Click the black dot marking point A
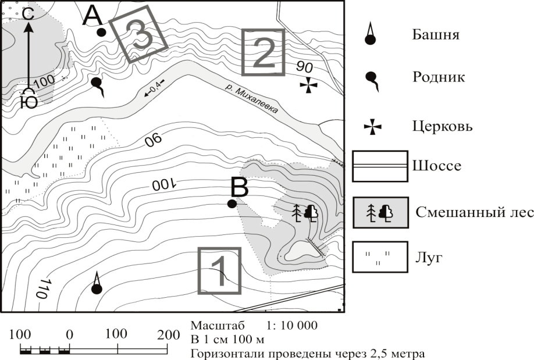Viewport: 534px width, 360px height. pos(101,33)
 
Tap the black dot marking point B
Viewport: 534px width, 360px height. pos(232,204)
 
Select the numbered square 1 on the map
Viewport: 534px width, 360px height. pos(220,271)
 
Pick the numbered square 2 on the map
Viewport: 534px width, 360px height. pos(264,52)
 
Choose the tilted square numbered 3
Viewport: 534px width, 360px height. pos(138,34)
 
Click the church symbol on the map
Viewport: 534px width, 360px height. pos(308,85)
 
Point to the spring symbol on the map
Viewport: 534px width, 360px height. pos(98,87)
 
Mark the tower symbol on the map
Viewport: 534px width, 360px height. pos(97,283)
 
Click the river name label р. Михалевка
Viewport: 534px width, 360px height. pos(252,99)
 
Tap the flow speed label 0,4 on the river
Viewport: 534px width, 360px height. pos(154,88)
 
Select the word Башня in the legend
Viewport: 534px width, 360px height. pos(436,34)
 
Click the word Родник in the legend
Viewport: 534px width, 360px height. pos(439,77)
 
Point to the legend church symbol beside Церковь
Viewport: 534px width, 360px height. pos(372,127)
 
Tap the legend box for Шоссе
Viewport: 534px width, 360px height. pos(380,166)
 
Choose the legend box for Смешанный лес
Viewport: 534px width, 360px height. pos(380,212)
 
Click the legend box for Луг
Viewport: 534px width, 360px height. pos(380,257)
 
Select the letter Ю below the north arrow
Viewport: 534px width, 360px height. pos(29,102)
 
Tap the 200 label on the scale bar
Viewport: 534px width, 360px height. pos(168,335)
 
